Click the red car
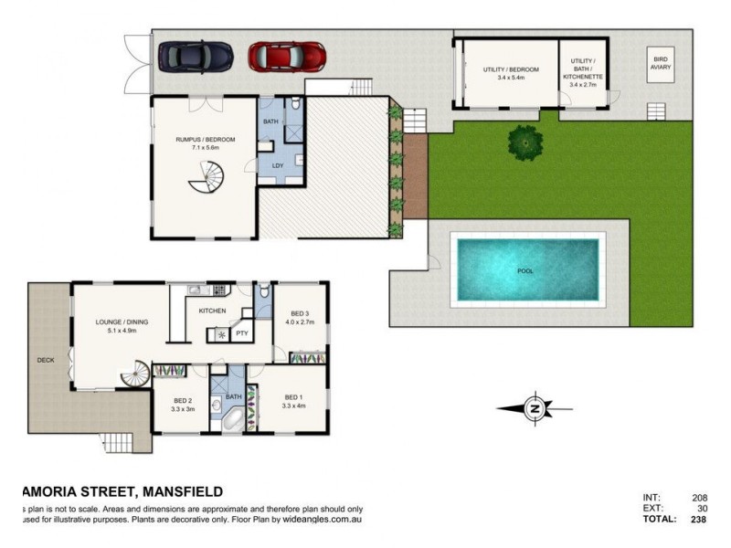tap(285, 56)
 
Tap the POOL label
tap(525, 271)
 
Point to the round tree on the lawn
tap(525, 142)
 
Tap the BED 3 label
tap(300, 313)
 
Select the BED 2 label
tap(183, 400)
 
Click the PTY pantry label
tap(243, 333)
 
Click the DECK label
tap(45, 360)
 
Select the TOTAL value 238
tap(698, 519)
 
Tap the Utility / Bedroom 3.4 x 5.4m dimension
tap(511, 79)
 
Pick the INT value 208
tap(700, 497)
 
